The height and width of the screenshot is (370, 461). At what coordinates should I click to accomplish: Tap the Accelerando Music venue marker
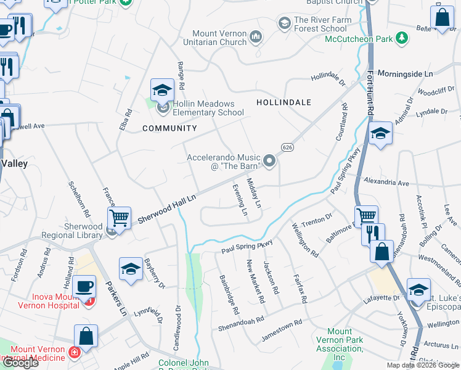click(269, 161)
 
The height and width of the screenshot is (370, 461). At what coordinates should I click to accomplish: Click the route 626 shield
click(287, 147)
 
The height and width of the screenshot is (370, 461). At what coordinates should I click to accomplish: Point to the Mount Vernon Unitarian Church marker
click(256, 39)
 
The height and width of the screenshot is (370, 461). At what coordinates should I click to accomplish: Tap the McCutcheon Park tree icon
click(402, 39)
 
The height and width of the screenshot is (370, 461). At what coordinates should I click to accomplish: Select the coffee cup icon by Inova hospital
click(84, 287)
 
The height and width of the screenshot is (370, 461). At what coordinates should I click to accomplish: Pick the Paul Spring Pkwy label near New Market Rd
click(247, 247)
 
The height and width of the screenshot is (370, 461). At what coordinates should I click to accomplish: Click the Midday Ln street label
click(254, 192)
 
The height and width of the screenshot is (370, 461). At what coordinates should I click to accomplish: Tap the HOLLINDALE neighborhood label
click(284, 102)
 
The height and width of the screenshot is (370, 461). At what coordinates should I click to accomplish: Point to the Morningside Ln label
click(405, 73)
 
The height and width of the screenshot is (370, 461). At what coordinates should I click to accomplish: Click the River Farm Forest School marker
click(284, 23)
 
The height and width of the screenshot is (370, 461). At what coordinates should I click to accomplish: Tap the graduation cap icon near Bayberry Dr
click(130, 269)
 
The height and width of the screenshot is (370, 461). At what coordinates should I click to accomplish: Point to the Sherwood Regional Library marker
click(111, 231)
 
